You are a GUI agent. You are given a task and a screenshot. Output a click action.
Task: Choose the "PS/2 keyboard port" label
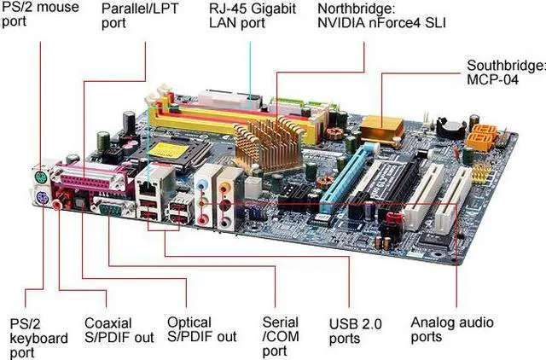point(38,339)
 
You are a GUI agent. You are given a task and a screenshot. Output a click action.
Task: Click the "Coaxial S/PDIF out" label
point(107,330)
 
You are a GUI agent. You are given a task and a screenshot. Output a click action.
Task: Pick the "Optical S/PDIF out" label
point(200,330)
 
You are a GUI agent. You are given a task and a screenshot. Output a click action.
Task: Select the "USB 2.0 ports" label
point(356,331)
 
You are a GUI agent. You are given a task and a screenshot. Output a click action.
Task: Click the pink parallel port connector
point(89,181)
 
